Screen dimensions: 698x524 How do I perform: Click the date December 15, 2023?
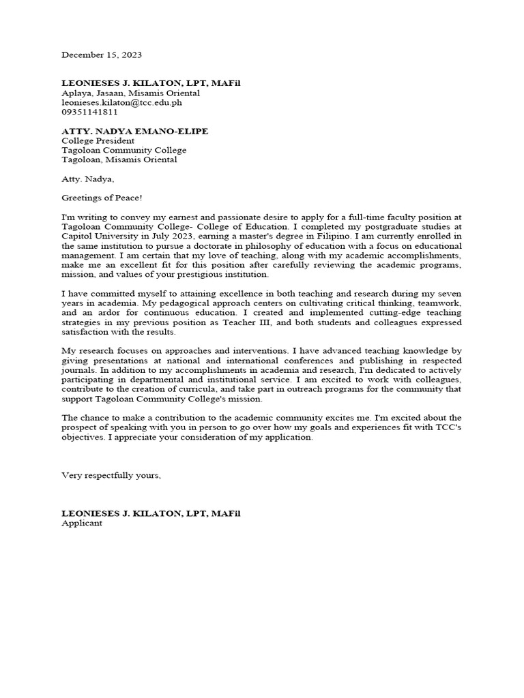102,55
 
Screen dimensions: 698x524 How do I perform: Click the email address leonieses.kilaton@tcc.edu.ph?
121,102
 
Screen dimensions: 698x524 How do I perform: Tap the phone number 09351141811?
89,112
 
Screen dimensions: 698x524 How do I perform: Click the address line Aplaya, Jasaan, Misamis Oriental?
131,93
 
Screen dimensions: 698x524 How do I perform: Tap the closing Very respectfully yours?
111,475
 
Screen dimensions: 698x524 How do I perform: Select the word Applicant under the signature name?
82,523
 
